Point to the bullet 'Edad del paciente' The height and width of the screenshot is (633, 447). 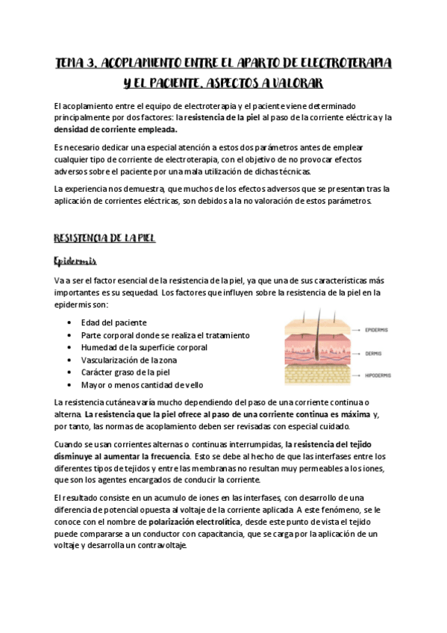coord(114,322)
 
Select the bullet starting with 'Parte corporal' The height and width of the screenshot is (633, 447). coord(166,335)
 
